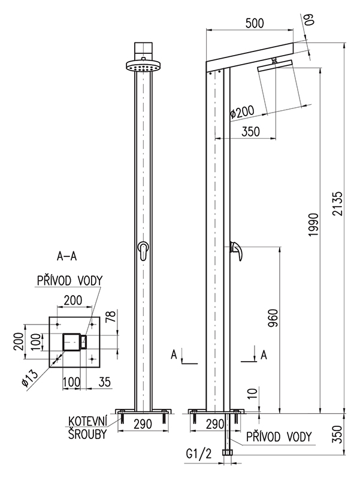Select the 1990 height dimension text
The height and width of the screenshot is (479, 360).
[x=314, y=225]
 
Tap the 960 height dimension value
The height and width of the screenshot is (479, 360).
[x=273, y=318]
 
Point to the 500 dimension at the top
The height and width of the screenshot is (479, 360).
[x=255, y=23]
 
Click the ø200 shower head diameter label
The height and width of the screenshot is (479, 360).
[x=242, y=112]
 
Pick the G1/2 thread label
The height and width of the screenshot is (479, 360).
[x=199, y=454]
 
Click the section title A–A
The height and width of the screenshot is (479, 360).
[x=66, y=256]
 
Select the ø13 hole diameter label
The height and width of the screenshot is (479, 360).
[x=30, y=378]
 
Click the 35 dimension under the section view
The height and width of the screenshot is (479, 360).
[x=104, y=381]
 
